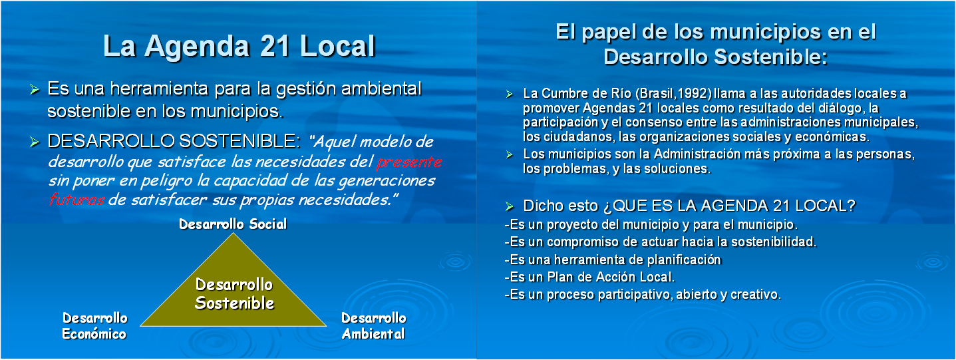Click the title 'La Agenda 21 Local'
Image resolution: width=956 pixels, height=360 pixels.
point(239,46)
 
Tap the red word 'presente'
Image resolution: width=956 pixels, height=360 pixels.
point(409,162)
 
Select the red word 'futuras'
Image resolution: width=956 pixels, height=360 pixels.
point(77,200)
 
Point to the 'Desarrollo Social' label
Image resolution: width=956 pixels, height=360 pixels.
point(233,224)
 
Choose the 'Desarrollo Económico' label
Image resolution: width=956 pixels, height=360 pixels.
point(94,326)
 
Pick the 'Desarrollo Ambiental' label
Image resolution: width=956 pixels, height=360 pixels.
point(373,326)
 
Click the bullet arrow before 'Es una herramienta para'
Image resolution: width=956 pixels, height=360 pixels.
point(35,90)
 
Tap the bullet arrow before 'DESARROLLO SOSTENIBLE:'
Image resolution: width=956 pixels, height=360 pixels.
point(35,142)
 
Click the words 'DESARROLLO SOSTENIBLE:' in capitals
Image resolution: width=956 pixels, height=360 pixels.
point(174,141)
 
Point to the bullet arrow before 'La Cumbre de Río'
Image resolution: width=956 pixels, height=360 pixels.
point(509,94)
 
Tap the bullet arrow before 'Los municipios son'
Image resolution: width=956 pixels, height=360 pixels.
point(509,154)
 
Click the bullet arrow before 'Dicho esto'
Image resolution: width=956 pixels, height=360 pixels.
point(509,207)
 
